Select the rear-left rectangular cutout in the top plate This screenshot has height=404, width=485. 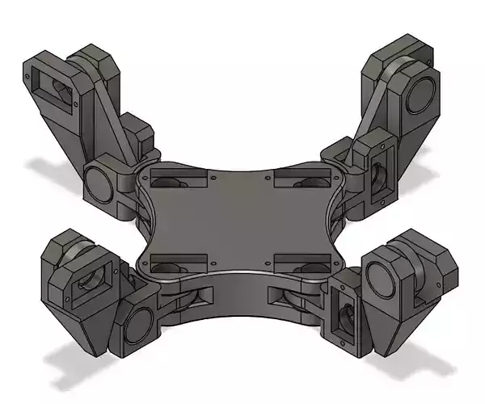[177, 179]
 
